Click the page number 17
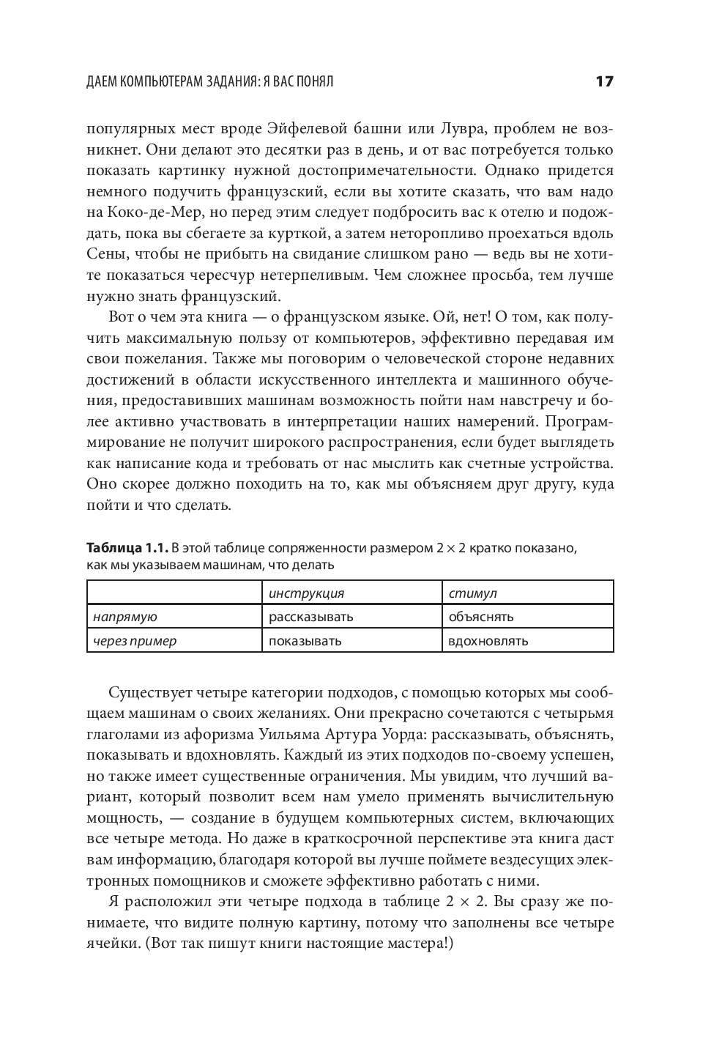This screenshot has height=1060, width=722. click(604, 81)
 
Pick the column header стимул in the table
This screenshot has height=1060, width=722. click(472, 593)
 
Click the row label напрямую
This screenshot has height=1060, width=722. click(124, 617)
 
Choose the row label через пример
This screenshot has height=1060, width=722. click(134, 641)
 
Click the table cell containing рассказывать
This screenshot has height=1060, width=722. click(310, 617)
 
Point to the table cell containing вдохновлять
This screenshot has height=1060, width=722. click(488, 641)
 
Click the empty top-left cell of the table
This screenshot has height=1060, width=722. click(174, 593)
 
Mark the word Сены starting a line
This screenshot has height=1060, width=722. click(105, 254)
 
